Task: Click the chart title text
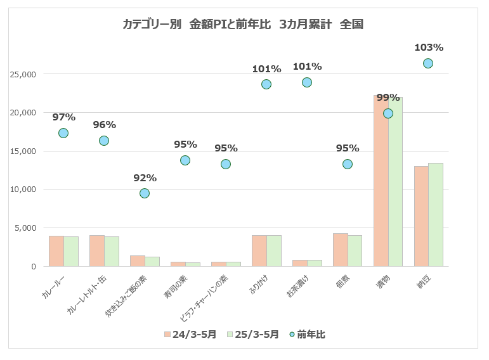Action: [242, 25]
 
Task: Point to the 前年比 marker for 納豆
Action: [428, 63]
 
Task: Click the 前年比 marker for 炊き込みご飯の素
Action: [145, 193]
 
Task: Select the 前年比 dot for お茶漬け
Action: [307, 82]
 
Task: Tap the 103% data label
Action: [428, 48]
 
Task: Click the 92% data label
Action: [145, 178]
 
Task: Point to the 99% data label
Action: [388, 98]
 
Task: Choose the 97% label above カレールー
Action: [63, 117]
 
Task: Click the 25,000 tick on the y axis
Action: [23, 74]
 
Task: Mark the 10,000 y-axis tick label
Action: [23, 190]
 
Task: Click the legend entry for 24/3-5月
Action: [190, 335]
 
